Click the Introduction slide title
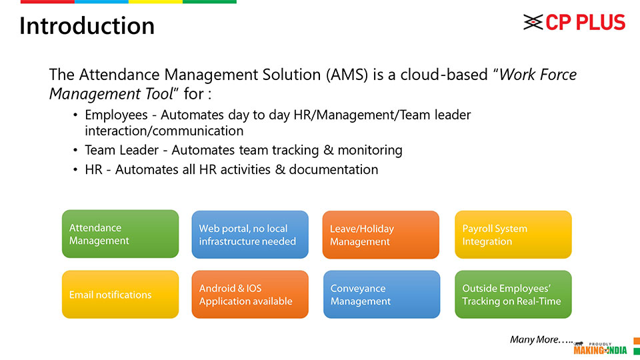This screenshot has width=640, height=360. click(x=87, y=26)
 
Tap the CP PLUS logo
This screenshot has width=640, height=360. click(x=574, y=22)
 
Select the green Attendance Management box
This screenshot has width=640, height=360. click(x=121, y=234)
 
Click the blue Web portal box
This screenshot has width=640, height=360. click(x=250, y=235)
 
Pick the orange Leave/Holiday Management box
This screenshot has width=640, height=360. click(x=381, y=235)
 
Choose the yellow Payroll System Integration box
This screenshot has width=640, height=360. click(x=513, y=235)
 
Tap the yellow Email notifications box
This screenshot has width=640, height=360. click(x=121, y=294)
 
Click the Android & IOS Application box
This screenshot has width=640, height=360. click(x=250, y=294)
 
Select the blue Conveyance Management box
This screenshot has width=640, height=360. click(x=381, y=294)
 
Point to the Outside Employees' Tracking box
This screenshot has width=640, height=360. click(x=513, y=294)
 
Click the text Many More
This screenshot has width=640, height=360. click(x=541, y=339)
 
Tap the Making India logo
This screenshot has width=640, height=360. click(x=600, y=348)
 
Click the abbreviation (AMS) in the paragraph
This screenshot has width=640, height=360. click(x=347, y=75)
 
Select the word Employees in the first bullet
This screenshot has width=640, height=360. click(x=116, y=115)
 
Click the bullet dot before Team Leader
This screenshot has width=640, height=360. click(x=75, y=150)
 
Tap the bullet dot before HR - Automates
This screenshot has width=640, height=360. click(x=75, y=169)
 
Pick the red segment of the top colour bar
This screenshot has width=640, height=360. click(x=47, y=1)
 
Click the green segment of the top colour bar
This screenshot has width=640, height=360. click(x=209, y=1)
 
